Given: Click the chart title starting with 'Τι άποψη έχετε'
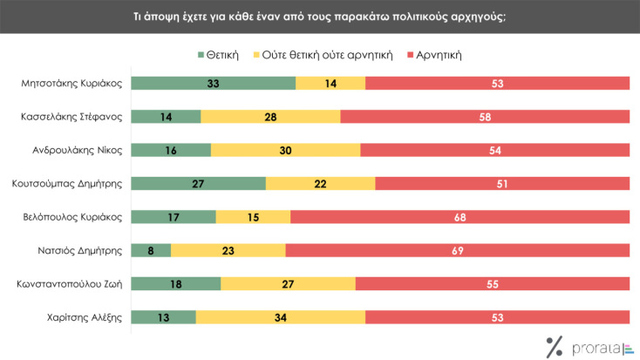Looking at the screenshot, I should point(319,17).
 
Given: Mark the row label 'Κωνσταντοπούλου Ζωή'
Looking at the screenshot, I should point(71,283).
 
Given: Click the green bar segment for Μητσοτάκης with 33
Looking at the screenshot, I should point(213,84).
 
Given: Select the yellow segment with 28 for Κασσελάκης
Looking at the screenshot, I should point(270,117).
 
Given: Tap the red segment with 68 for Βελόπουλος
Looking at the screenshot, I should point(460,216).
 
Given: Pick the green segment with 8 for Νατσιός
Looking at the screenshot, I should point(150,250).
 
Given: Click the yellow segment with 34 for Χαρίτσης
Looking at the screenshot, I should point(280,316).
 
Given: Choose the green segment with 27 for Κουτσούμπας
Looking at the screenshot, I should point(198,183).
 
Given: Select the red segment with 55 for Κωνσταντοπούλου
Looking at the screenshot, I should point(492,283).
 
